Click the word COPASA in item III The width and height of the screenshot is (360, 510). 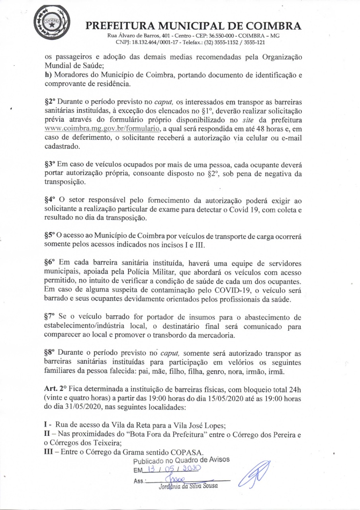click(188, 452)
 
